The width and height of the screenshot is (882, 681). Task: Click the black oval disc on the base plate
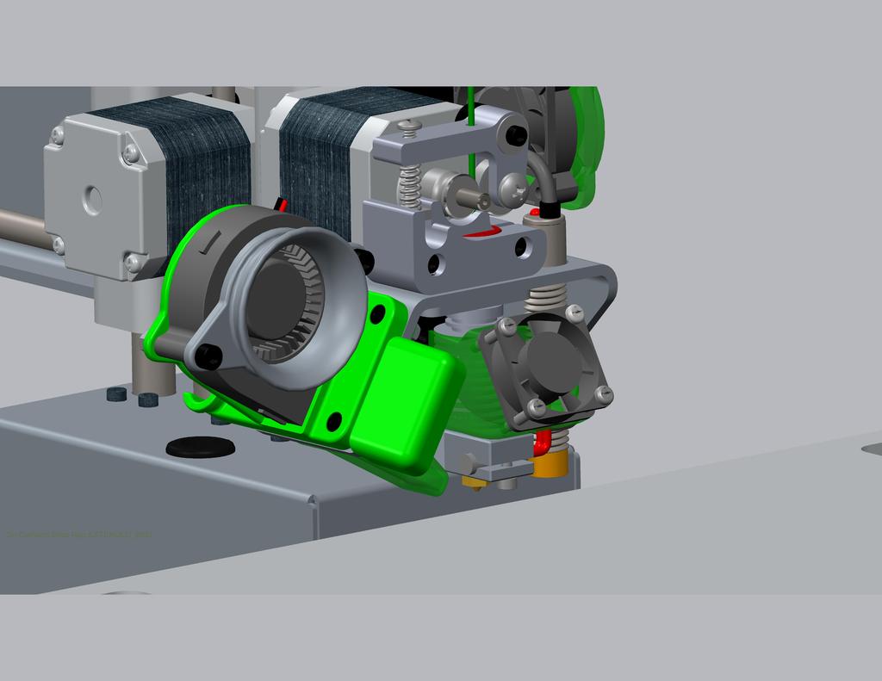[x=199, y=447]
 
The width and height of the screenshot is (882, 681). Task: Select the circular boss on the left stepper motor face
[x=91, y=201]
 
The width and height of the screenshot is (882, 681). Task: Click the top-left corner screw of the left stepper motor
[x=58, y=135]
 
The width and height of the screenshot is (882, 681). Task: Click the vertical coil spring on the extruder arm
[x=409, y=185]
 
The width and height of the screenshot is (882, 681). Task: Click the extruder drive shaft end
[x=482, y=201]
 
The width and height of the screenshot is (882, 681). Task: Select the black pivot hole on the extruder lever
[x=515, y=135]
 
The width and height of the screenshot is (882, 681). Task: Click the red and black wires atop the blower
[x=280, y=205]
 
